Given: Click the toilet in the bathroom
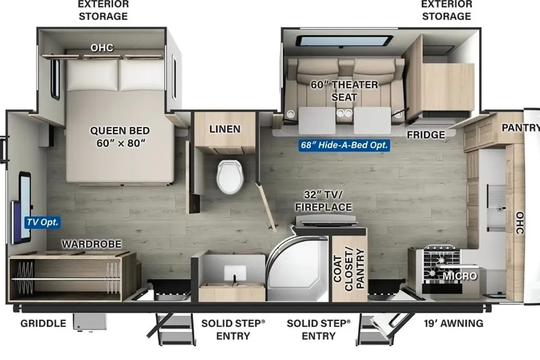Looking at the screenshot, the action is [x=230, y=176].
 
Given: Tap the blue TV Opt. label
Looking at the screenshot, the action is [x=42, y=222].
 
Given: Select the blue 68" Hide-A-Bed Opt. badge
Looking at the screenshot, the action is [x=344, y=145].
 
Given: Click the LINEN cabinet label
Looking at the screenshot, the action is [x=225, y=129].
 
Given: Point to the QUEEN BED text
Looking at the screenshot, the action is [x=120, y=130].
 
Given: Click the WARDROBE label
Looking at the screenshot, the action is [x=92, y=244].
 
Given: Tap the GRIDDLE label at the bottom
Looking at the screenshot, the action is [x=43, y=323].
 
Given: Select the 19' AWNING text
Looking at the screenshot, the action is [x=453, y=323].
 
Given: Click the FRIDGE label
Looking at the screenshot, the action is [x=426, y=134].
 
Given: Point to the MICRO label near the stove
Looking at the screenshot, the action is [x=460, y=276].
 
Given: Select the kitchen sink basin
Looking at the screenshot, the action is [x=496, y=208].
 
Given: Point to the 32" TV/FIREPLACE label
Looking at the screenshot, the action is [x=323, y=201].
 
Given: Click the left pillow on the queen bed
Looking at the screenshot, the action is [x=92, y=75].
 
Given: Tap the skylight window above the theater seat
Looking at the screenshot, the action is [x=344, y=40].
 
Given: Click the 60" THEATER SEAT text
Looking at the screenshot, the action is [x=344, y=91].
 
